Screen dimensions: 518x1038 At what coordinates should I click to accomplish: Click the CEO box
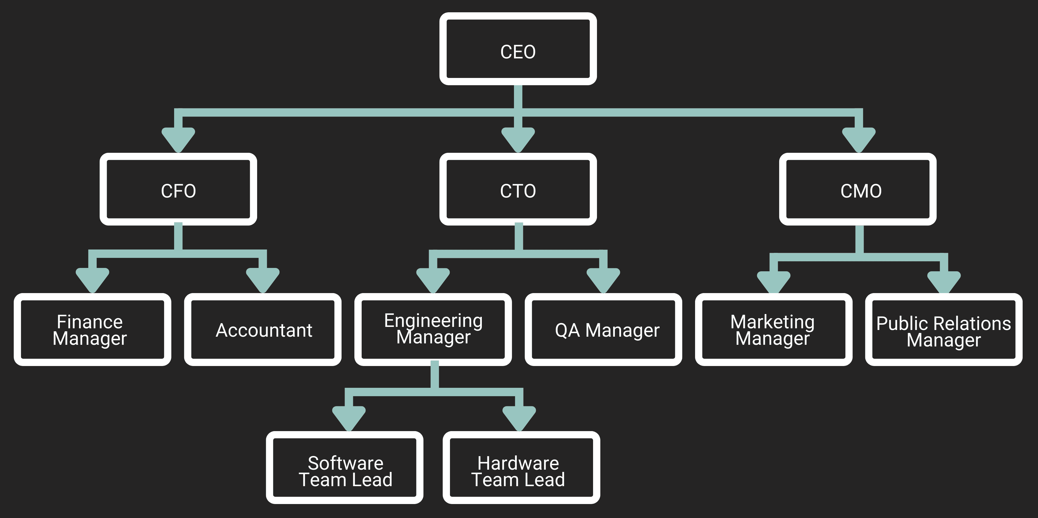point(518,49)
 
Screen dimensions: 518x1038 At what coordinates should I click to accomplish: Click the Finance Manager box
point(92,329)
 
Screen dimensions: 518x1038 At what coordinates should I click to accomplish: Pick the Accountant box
point(263,329)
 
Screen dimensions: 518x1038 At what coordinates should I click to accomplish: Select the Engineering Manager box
point(433,329)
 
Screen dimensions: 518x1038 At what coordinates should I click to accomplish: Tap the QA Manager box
point(603,329)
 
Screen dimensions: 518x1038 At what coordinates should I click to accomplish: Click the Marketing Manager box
point(773,329)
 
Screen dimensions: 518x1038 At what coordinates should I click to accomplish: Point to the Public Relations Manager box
point(944,329)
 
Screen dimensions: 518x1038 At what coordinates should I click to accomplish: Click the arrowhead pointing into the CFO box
point(178,139)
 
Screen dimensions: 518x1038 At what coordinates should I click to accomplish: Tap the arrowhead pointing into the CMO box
point(859,139)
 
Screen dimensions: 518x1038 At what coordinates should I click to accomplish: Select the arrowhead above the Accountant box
point(263,279)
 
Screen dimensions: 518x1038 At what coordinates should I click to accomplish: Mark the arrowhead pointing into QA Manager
point(603,279)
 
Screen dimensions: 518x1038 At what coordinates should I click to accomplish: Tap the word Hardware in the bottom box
point(518,463)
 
